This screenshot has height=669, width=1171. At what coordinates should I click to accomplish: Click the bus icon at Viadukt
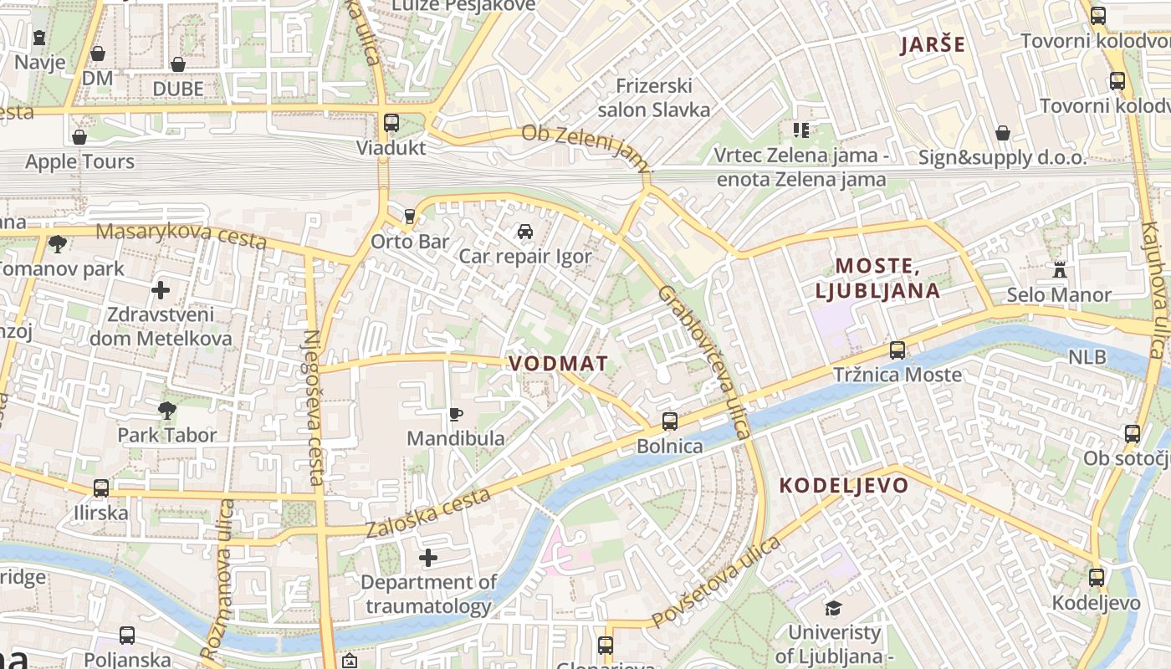(391, 123)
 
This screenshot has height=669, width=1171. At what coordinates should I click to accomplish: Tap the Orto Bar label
(410, 242)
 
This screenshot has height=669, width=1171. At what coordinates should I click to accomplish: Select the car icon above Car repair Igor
(524, 232)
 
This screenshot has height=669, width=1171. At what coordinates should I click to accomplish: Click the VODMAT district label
(558, 364)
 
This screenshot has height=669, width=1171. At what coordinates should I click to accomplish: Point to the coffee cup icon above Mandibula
(455, 414)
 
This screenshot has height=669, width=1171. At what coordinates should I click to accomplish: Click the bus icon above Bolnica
(669, 421)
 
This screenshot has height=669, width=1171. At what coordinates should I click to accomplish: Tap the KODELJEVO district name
(844, 486)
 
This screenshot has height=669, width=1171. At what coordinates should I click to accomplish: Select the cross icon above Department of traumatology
(428, 558)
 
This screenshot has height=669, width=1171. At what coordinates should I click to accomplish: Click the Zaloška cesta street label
(427, 513)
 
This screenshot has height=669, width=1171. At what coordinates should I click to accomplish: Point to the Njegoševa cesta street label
(313, 407)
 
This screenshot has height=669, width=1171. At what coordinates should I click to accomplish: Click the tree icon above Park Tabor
(166, 410)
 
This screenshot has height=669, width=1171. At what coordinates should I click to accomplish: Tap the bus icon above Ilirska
(101, 488)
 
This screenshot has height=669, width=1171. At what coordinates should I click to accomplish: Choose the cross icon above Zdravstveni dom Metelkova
(161, 290)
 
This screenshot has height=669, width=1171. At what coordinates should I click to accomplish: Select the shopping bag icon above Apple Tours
(79, 137)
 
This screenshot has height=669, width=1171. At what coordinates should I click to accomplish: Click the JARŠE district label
(933, 45)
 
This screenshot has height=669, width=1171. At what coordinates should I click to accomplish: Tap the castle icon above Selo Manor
(1060, 270)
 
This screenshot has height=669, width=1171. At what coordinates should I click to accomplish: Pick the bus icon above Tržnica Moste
(897, 350)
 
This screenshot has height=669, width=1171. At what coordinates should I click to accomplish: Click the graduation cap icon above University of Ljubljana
(833, 608)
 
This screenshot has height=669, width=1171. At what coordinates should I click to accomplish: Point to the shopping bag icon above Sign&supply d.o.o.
(1003, 133)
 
